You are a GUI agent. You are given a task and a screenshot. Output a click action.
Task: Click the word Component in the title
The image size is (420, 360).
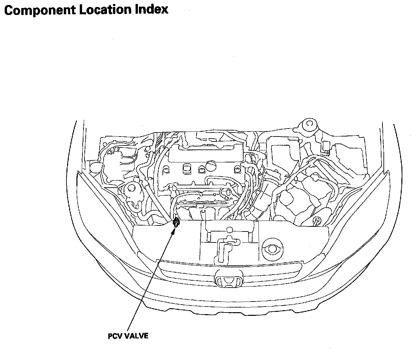pyautogui.click(x=40, y=10)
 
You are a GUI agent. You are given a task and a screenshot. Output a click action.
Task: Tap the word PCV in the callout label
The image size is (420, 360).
pyautogui.click(x=115, y=336)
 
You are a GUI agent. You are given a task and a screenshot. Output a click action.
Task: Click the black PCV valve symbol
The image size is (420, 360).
pyautogui.click(x=176, y=223)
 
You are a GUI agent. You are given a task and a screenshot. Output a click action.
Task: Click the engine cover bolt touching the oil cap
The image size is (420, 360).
pyautogui.click(x=201, y=170)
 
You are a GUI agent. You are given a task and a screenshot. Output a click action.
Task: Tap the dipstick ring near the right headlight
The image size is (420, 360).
pyautogui.click(x=318, y=220)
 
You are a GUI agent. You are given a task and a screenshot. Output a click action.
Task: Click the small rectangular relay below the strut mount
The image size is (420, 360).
pyautogui.click(x=326, y=146)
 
